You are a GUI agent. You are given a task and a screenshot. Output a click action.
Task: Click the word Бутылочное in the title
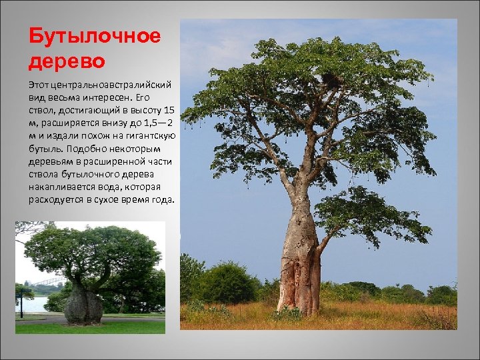tap(95, 36)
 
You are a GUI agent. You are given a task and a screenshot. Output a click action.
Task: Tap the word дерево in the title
tap(67, 61)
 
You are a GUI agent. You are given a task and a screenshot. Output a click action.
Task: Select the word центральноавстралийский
tap(109, 85)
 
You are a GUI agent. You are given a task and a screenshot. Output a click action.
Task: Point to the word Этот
tap(37, 85)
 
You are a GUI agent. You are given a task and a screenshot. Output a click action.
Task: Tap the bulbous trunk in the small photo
tap(83, 305)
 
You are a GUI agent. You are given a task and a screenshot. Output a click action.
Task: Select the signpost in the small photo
tap(21, 303)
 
